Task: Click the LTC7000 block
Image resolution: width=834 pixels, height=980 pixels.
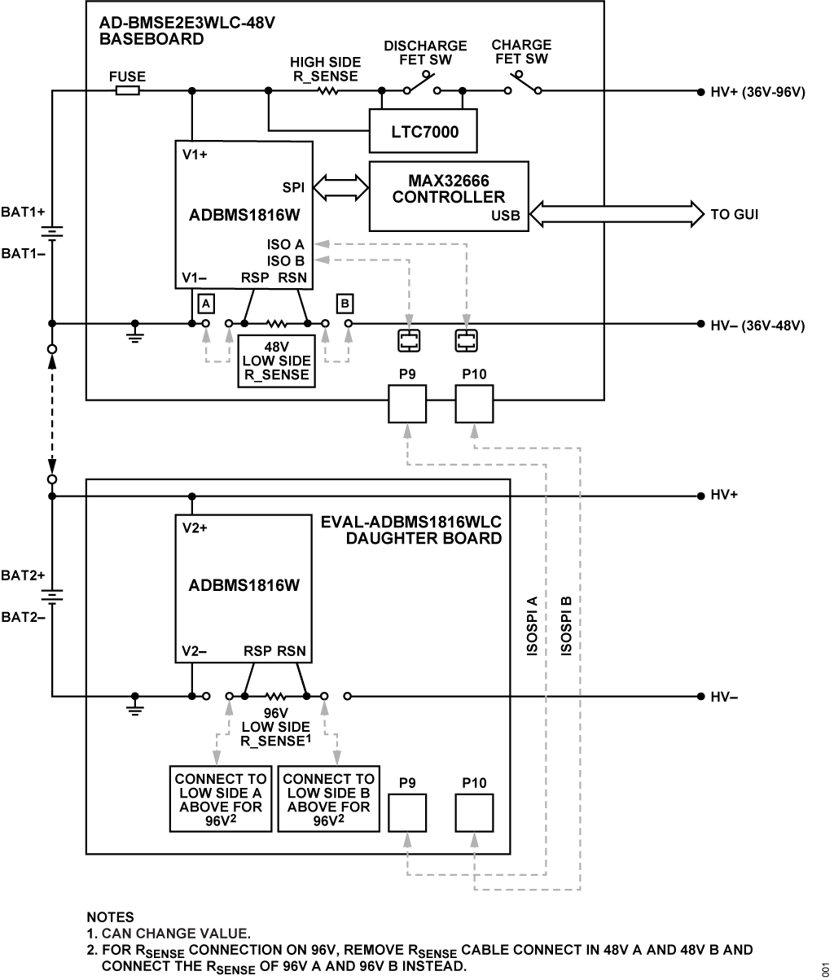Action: click(424, 131)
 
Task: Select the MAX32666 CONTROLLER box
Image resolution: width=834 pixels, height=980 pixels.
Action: click(449, 196)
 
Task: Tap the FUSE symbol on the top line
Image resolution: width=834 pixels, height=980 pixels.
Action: click(128, 90)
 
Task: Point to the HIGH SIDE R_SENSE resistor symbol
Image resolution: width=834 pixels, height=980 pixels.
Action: click(327, 90)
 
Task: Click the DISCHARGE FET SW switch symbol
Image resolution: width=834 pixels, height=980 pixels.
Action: click(422, 84)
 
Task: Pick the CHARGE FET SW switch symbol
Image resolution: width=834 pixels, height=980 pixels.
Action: click(523, 84)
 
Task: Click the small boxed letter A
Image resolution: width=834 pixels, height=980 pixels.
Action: click(206, 304)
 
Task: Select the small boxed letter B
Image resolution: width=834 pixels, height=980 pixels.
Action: click(345, 304)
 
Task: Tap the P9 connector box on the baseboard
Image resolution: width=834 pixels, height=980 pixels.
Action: click(407, 404)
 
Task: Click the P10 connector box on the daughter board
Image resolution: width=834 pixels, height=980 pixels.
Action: click(474, 813)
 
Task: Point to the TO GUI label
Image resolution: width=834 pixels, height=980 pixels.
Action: click(735, 215)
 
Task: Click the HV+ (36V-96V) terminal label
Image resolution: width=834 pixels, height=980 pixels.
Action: click(757, 92)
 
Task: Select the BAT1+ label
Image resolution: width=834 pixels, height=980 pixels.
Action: click(23, 212)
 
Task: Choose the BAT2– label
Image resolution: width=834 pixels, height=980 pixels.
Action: click(23, 617)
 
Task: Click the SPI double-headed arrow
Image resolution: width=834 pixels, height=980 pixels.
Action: click(341, 188)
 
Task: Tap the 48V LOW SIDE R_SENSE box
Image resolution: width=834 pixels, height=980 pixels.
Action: click(277, 361)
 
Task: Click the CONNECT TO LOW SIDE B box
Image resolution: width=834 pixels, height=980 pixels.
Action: click(328, 798)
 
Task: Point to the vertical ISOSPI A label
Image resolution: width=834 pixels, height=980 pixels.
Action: click(532, 626)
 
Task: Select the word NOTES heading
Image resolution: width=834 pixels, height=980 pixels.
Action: click(110, 917)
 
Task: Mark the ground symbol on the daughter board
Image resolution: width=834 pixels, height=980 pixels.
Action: click(135, 706)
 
